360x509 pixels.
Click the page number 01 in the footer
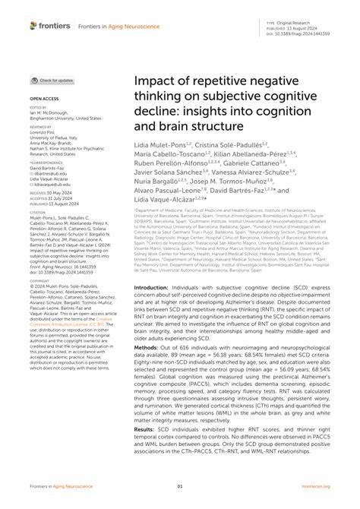[180, 487]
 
